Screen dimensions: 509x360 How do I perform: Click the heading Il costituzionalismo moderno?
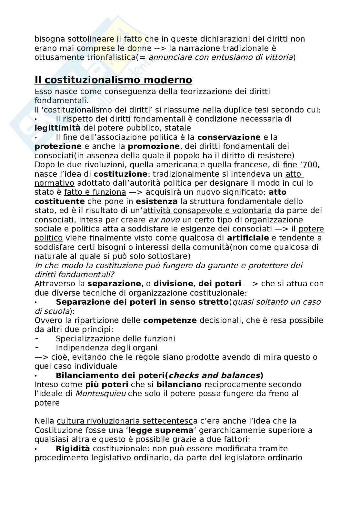[113, 80]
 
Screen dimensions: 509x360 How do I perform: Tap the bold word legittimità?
[57, 128]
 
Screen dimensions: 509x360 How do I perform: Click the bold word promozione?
[153, 146]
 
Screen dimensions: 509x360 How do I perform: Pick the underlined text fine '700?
[301, 165]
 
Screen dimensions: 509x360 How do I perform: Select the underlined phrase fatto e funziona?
[95, 192]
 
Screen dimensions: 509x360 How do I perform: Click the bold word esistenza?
[156, 201]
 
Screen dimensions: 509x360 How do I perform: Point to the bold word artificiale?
[248, 238]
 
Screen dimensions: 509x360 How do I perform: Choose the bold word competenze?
[170, 320]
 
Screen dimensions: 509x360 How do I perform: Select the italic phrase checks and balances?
[215, 375]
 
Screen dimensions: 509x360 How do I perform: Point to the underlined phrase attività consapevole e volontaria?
[207, 210]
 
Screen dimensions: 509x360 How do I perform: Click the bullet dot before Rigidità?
[36, 449]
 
